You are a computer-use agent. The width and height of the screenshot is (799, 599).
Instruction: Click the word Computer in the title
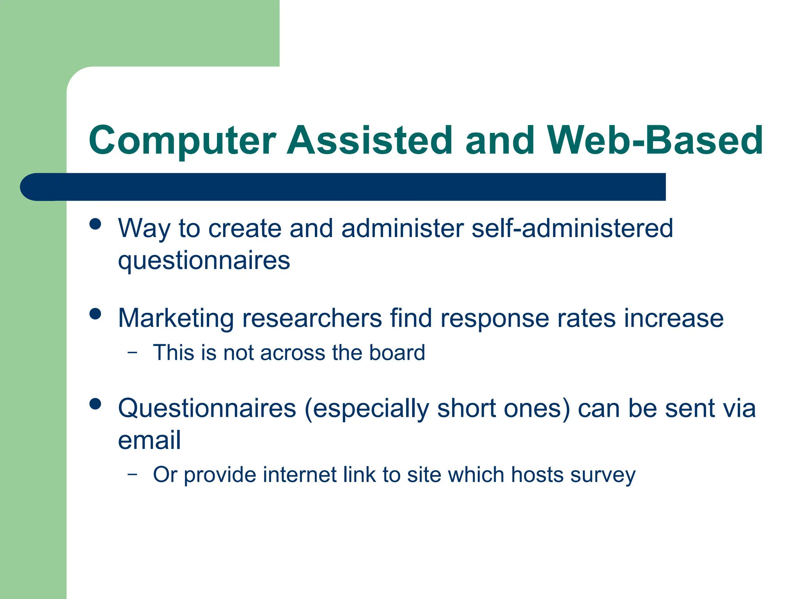[x=182, y=140]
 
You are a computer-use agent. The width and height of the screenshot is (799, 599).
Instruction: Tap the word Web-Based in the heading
[x=655, y=140]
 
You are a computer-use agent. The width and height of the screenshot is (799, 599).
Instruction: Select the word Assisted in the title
[x=369, y=140]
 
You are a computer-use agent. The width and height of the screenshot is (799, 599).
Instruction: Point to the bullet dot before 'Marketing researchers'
[x=95, y=314]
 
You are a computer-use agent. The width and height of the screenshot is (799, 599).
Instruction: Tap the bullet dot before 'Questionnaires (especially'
[x=95, y=404]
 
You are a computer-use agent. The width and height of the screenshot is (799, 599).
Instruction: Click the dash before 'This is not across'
[x=133, y=353]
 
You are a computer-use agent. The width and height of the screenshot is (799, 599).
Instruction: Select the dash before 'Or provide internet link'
[x=133, y=474]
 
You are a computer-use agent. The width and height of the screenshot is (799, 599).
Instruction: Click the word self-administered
[x=572, y=228]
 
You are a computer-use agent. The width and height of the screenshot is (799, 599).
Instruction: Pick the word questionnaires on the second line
[x=204, y=261]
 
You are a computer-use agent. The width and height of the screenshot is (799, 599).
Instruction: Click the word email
[x=149, y=440]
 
